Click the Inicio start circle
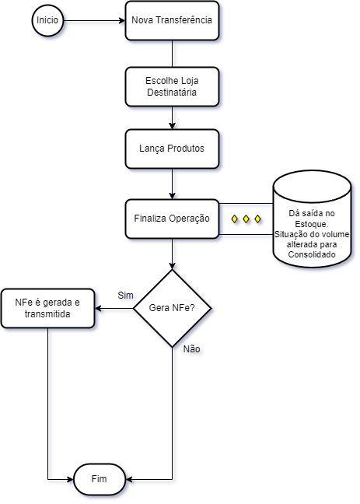pos(47,20)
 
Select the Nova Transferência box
pos(172,20)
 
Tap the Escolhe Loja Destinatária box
pos(172,86)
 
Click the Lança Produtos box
pos(172,149)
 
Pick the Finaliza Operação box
pos(172,219)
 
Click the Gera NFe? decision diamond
pos(172,309)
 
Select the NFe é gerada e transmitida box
pos(48,308)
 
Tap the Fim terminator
pos(100,479)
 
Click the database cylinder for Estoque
pos(312,219)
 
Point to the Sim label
pos(125,296)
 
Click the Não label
pos(191,349)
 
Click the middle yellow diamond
pos(246,219)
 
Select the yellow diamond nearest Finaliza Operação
pos(235,219)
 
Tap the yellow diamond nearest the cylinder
pos(257,219)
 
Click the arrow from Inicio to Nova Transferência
pos(94,20)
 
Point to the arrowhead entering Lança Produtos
pos(172,126)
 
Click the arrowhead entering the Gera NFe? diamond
pos(172,266)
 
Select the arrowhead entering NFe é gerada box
pos(98,309)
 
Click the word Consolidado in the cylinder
pos(312,254)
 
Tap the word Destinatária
pos(172,93)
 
